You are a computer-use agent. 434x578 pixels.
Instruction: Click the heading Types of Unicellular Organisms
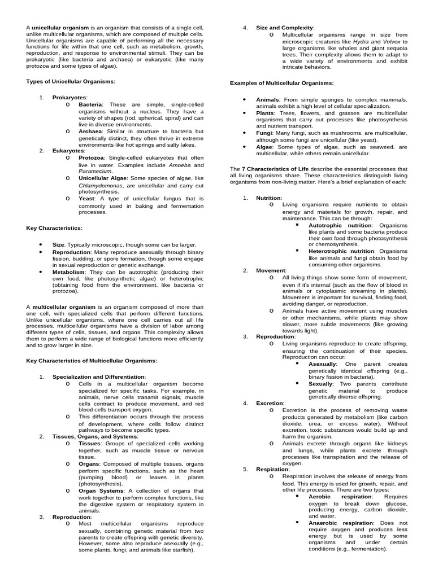(x=71, y=81)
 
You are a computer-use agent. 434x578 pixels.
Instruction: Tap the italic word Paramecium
(x=96, y=170)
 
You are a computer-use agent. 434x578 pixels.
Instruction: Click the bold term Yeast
(x=87, y=199)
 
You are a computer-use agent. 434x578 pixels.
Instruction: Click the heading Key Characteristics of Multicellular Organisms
(x=92, y=360)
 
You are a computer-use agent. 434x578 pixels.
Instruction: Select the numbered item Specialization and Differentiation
(x=98, y=376)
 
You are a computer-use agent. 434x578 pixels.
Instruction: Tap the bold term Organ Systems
(x=102, y=490)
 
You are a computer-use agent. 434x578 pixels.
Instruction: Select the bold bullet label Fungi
(x=264, y=132)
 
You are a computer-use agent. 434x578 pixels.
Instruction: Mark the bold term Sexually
(x=320, y=383)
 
